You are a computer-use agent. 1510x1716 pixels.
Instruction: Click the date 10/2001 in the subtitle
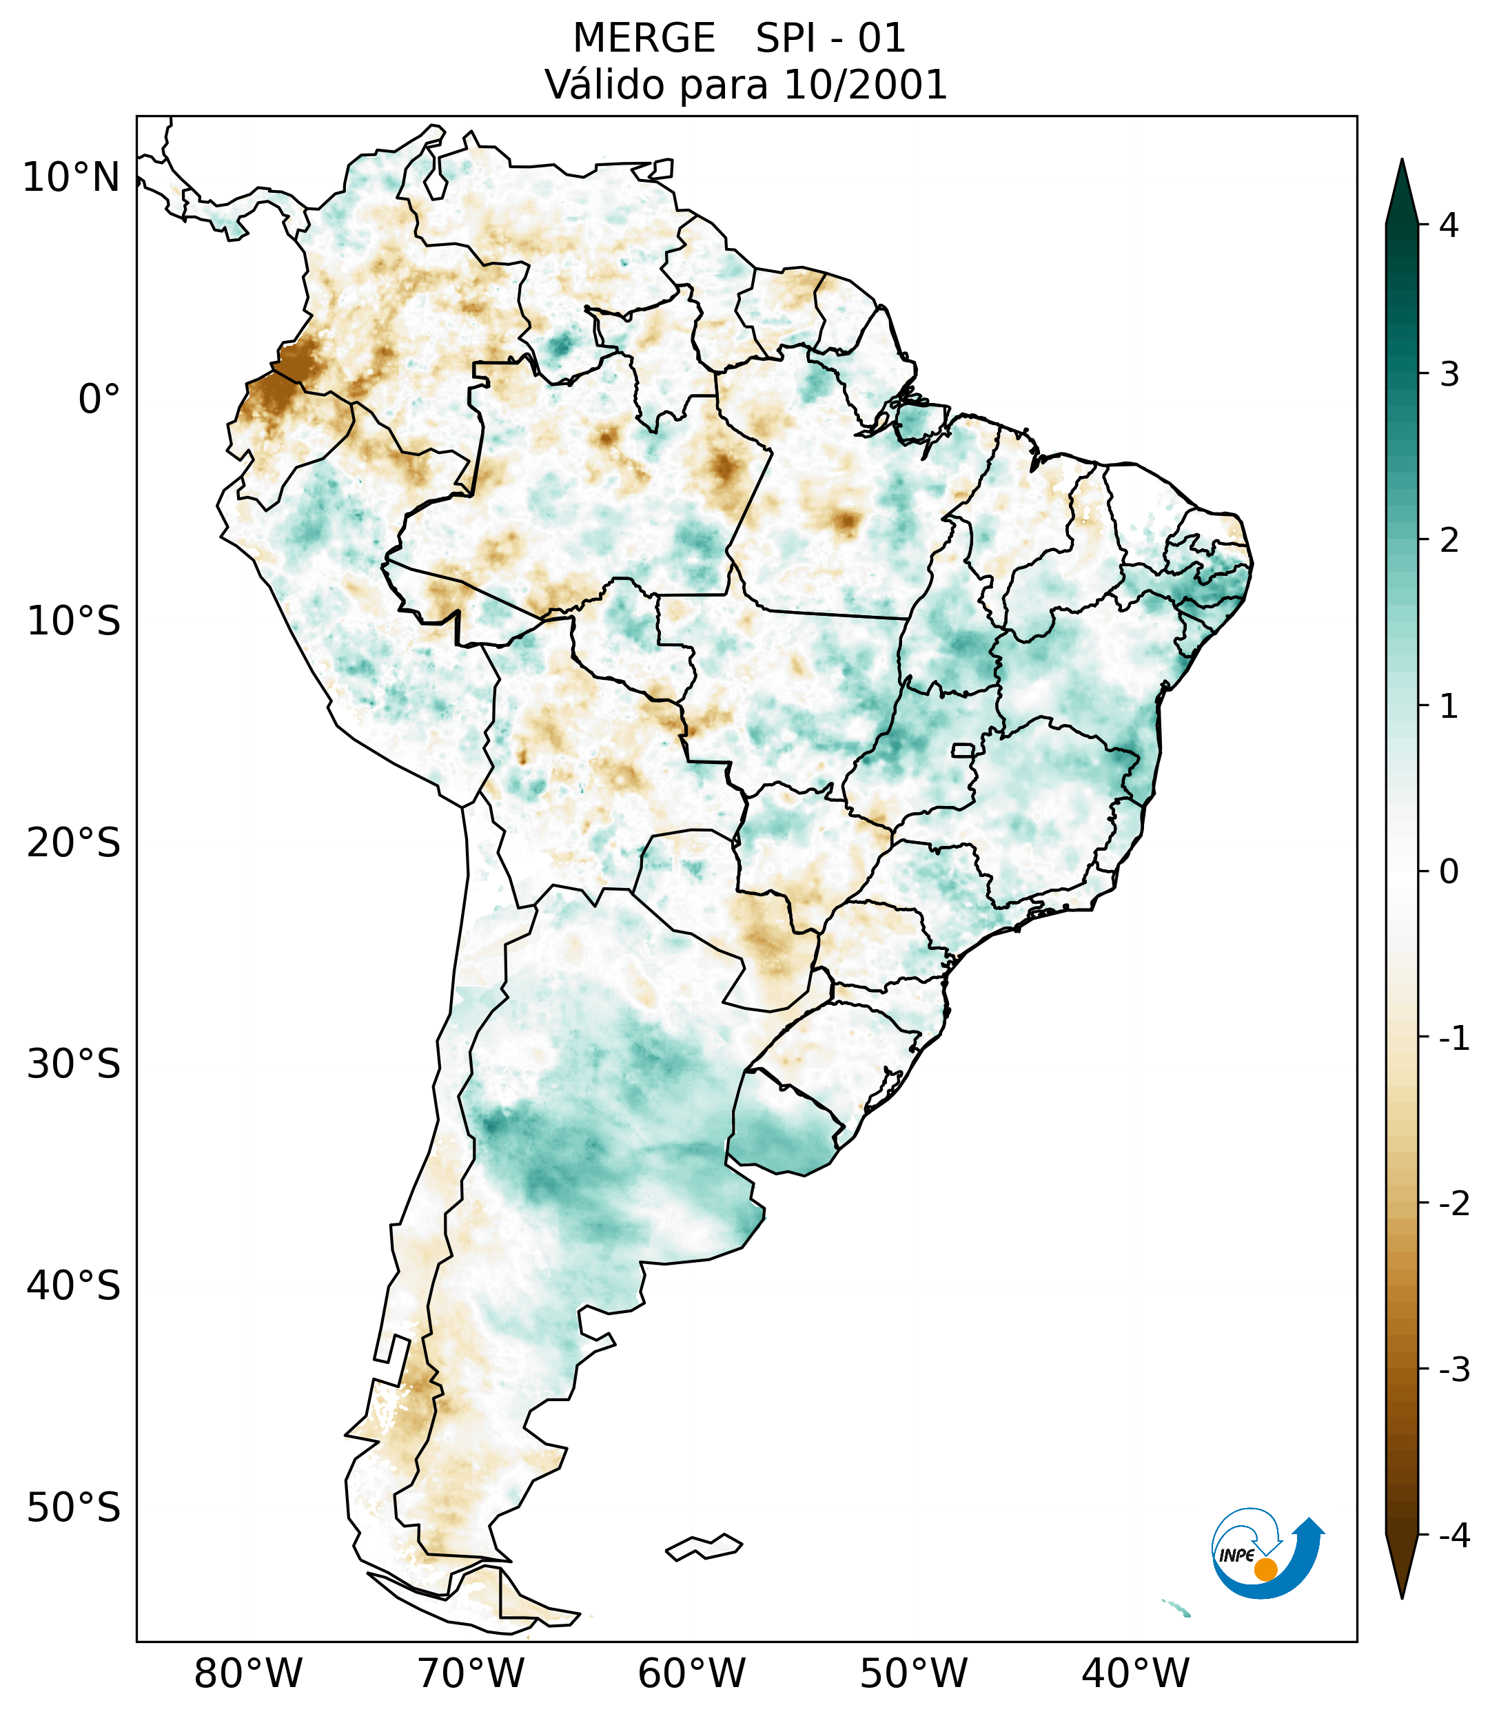pos(866,85)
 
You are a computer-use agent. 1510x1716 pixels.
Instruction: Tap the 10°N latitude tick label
pos(72,178)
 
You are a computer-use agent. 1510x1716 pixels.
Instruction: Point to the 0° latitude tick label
pos(99,400)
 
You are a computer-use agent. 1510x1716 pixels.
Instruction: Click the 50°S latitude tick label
pos(74,1509)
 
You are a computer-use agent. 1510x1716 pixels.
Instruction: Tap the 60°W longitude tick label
pos(691,1674)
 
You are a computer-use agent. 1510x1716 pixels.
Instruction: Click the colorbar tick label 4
pos(1449,225)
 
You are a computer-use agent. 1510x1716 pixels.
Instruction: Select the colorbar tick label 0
pos(1449,872)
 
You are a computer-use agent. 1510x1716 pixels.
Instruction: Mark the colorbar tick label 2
pos(1449,541)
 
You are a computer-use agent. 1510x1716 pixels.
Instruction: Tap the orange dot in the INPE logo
pos(1265,1569)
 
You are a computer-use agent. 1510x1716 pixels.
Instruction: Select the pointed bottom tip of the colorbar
pos(1402,1597)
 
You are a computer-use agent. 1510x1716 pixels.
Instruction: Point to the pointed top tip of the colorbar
pos(1402,161)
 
